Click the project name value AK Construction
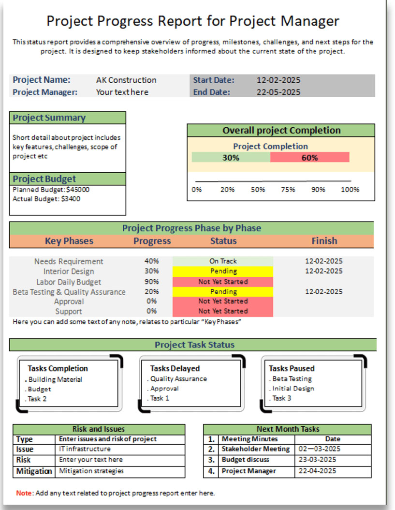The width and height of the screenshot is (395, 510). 126,80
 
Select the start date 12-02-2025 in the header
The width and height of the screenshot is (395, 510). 278,80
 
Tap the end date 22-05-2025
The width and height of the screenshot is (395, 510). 278,92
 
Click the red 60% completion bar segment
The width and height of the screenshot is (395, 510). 309,158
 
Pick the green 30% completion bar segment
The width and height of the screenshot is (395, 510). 231,158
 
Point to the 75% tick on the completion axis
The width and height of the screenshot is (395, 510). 288,190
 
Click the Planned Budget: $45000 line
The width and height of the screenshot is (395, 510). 51,190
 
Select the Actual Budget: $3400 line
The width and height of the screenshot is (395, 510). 46,199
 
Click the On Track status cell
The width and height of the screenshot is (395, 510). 223,261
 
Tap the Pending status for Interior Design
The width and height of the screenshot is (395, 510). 223,271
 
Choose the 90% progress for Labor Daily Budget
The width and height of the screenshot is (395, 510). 151,282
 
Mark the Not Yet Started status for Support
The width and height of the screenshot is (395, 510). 223,311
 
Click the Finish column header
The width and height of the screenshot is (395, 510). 324,241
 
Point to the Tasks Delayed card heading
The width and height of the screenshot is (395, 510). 175,369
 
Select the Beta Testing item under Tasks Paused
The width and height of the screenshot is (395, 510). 292,379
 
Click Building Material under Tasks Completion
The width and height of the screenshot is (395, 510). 55,380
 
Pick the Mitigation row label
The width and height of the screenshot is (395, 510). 34,471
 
